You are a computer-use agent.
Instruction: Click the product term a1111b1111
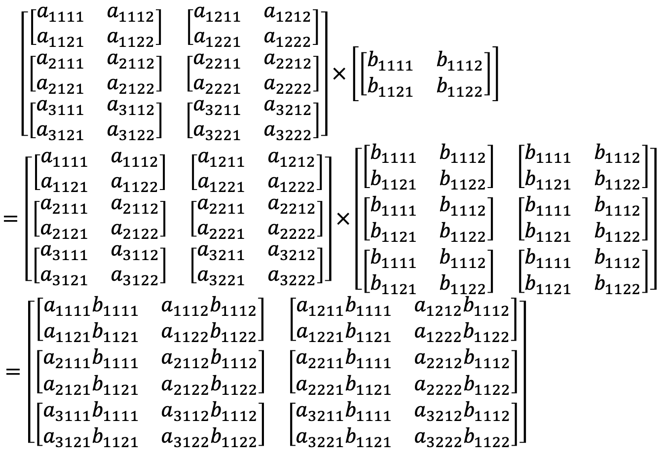point(91,309)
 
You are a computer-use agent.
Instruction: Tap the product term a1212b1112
point(462,309)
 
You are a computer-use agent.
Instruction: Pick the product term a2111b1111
point(91,362)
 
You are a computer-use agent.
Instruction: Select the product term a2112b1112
point(209,362)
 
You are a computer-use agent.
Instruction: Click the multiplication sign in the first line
point(339,74)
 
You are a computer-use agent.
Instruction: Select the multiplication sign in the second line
point(343,219)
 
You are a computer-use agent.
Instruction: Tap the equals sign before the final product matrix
point(13,371)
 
